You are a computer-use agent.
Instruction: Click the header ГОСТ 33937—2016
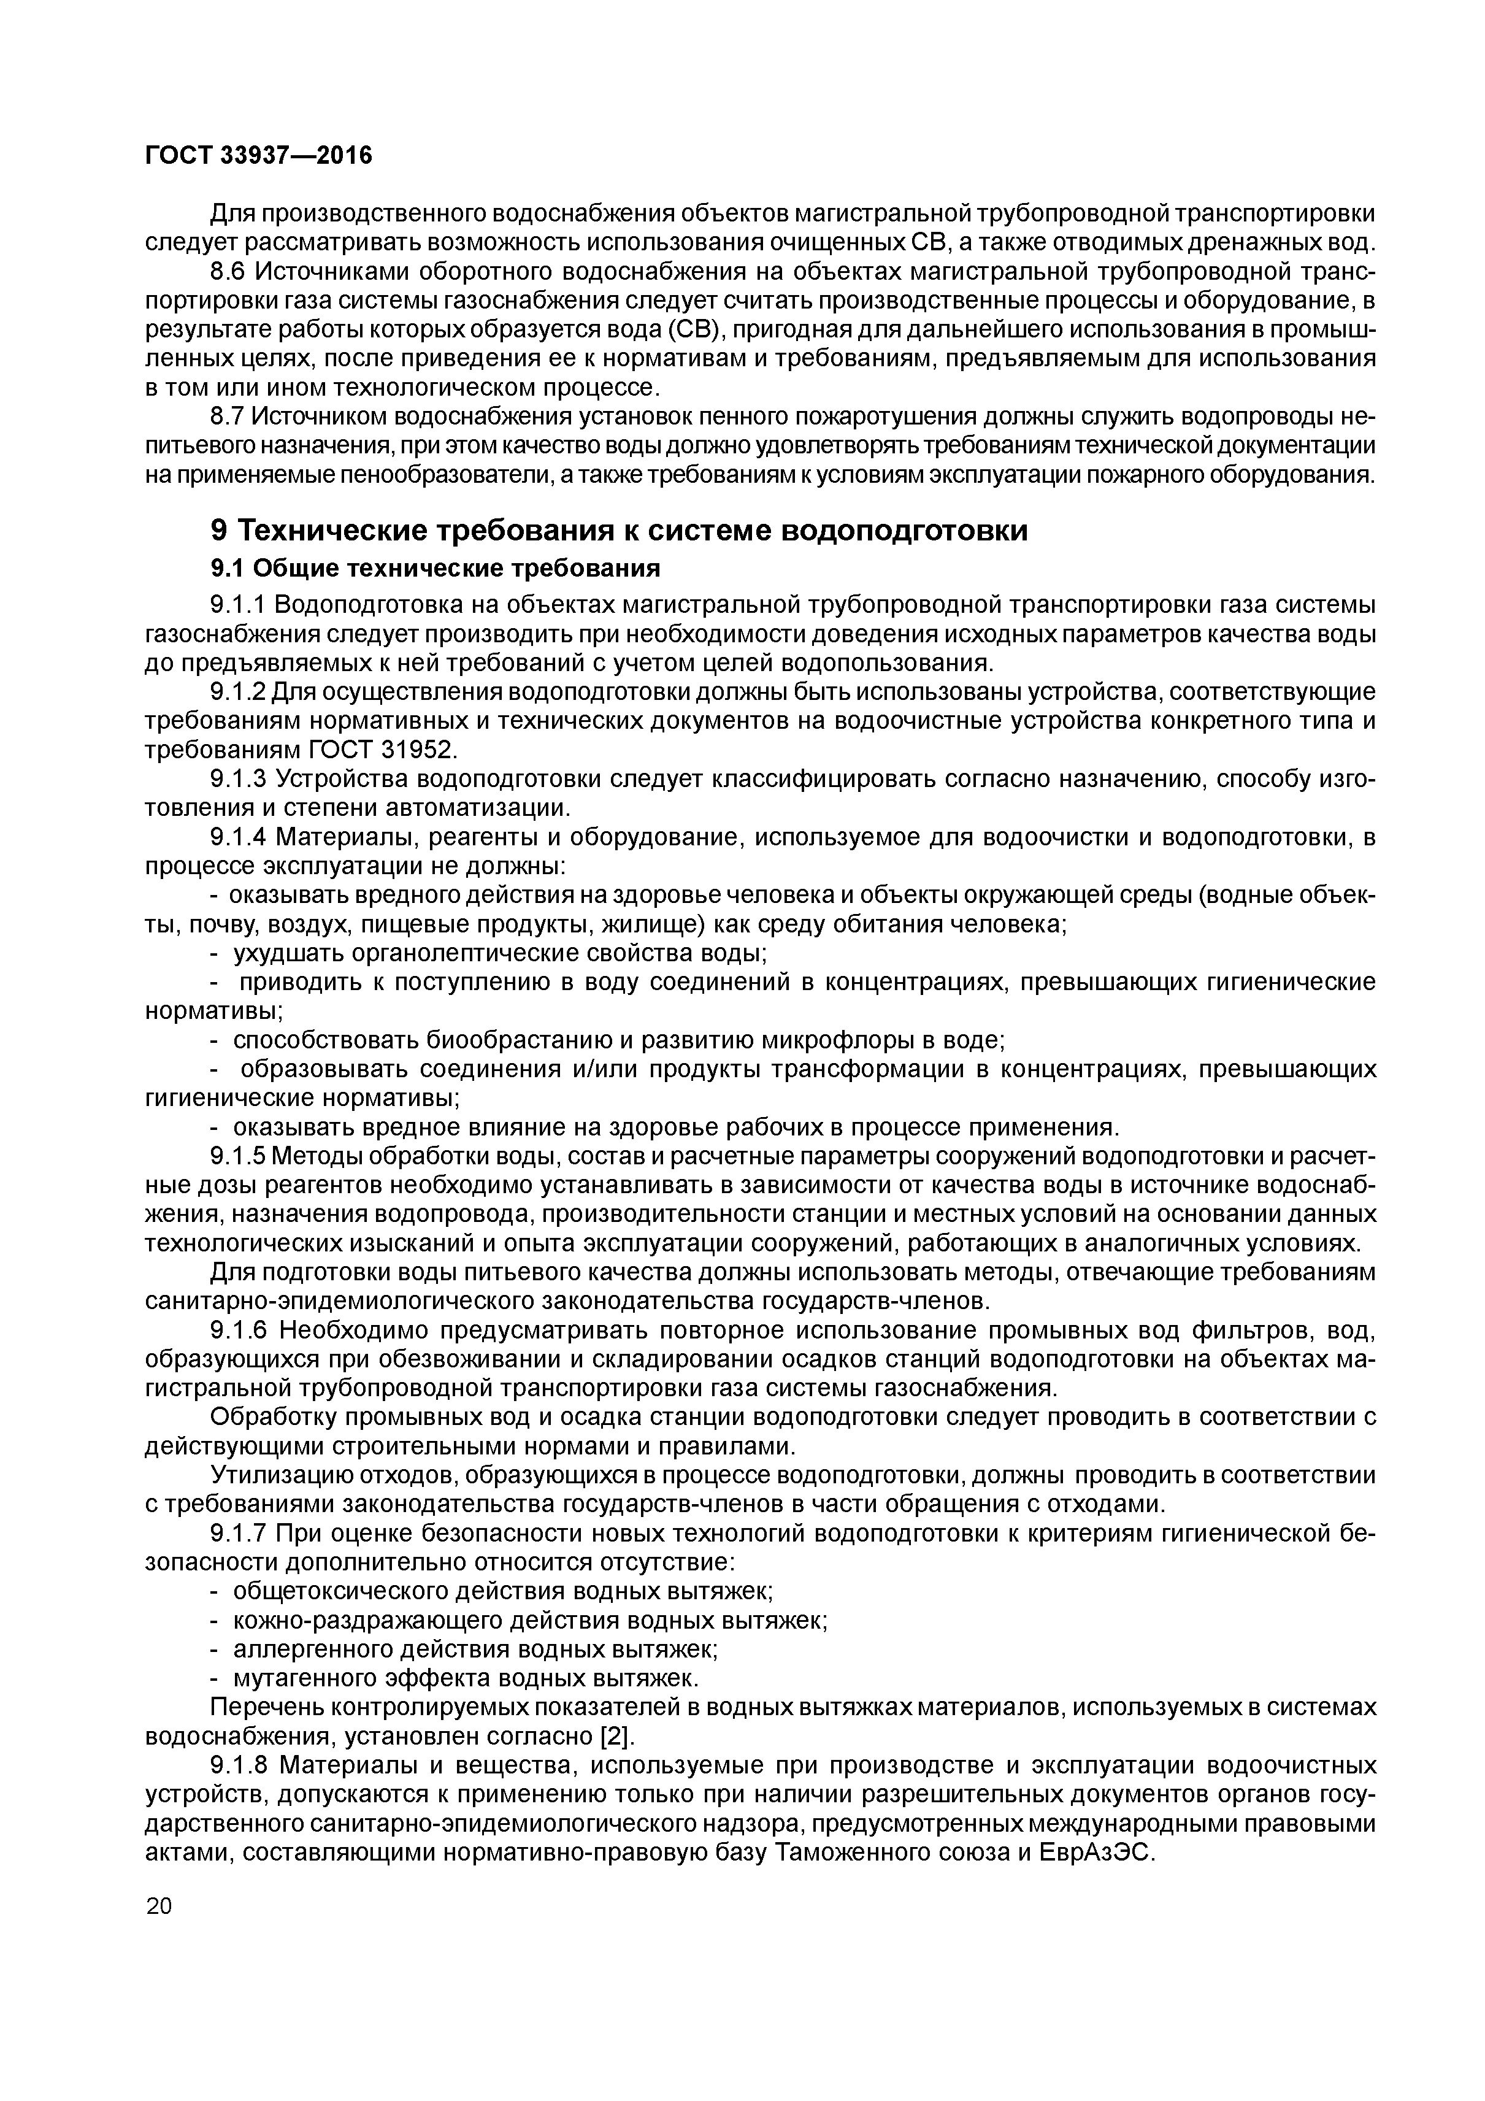pyautogui.click(x=259, y=156)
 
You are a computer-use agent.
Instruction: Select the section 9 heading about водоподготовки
pyautogui.click(x=618, y=530)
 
